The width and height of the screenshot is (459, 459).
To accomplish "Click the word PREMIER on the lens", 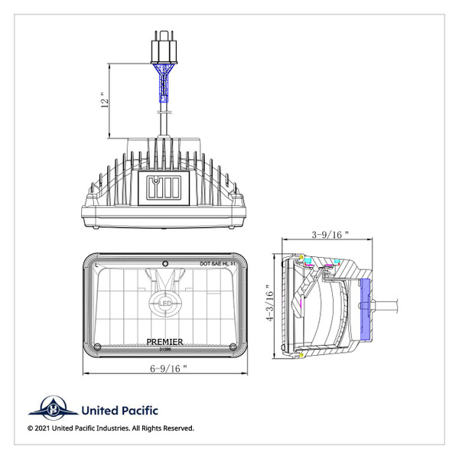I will pos(164,342).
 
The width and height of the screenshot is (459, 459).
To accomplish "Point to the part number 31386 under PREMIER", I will pos(164,349).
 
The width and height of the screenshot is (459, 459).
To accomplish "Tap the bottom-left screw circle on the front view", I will pos(96,348).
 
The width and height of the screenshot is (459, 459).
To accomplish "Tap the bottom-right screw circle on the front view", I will pos(233,348).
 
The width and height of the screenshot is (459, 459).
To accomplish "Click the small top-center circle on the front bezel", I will pos(164,256).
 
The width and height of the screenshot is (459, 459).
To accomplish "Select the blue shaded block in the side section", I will pos(363,309).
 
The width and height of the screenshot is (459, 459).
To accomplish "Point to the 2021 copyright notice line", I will pos(111,428).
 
